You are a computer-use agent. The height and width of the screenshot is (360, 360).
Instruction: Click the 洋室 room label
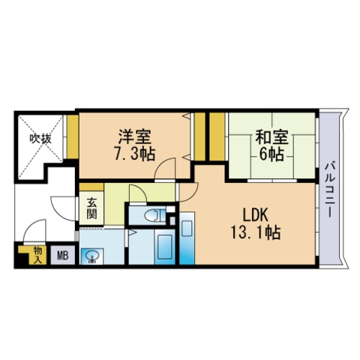coord(135,137)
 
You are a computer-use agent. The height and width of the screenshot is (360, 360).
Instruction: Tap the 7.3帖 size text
coord(135,154)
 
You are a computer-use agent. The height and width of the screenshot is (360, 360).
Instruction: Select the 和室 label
coord(271,137)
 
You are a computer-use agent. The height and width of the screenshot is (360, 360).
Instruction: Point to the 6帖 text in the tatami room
coord(271,154)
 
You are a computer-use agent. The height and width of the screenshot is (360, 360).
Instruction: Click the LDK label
coord(254,214)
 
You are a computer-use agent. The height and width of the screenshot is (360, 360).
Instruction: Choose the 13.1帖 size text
coord(254,232)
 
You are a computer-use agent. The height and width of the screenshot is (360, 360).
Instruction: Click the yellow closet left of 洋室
coord(72,136)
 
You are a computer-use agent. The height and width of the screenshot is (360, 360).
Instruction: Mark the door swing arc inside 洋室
coord(165,169)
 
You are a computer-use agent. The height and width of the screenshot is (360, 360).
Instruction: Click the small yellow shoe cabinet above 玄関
coord(91,187)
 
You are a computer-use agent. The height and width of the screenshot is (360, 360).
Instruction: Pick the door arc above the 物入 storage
coord(31,234)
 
